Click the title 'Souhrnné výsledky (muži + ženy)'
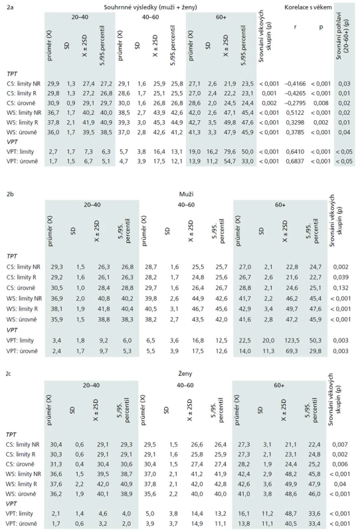(x=150, y=7)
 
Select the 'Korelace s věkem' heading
(x=308, y=7)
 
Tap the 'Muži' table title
(x=187, y=194)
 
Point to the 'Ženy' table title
(x=185, y=374)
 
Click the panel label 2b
(x=10, y=194)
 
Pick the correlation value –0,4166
(x=295, y=84)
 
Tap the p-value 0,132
(x=341, y=288)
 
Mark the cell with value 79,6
(x=230, y=152)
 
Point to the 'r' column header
(x=295, y=27)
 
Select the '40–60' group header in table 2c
(x=185, y=385)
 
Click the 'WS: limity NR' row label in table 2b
(x=24, y=298)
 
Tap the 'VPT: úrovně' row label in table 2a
(x=22, y=161)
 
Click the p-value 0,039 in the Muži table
(x=341, y=277)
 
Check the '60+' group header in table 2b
(x=280, y=204)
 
